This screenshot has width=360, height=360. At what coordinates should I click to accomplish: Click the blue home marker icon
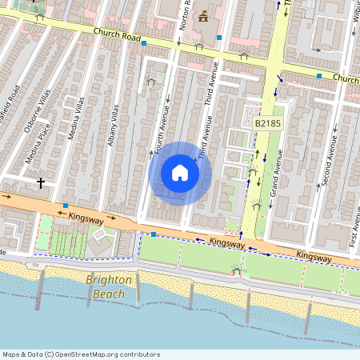[x=180, y=173]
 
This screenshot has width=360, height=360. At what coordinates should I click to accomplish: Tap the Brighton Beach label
[x=106, y=287]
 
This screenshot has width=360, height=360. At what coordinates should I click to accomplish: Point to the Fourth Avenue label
[x=160, y=138]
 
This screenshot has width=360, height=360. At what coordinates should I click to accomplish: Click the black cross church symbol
[x=40, y=183]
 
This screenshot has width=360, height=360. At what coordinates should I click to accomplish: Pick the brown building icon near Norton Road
[x=202, y=15]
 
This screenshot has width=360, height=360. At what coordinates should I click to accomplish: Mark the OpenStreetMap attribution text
[x=81, y=354]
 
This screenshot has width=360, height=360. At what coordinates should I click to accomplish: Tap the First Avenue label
[x=354, y=227]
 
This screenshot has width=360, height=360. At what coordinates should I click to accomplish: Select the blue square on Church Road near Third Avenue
[x=218, y=38]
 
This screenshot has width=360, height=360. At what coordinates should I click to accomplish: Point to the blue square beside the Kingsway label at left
[x=66, y=206]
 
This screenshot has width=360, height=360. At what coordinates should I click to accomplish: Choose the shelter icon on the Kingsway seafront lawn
[x=236, y=270]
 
